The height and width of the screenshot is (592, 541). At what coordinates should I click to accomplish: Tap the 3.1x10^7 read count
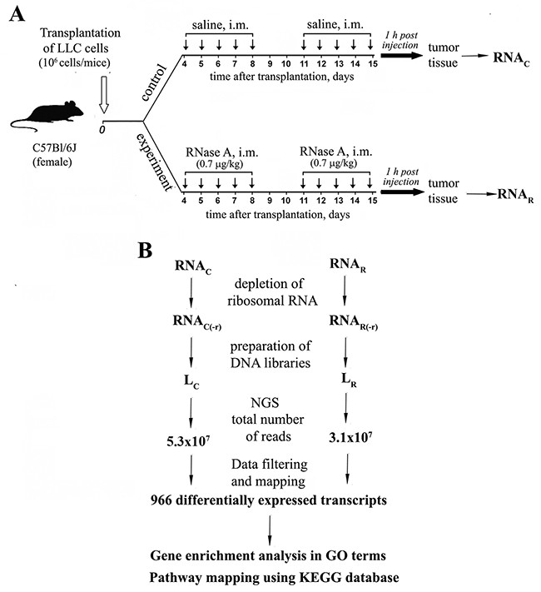355,438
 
